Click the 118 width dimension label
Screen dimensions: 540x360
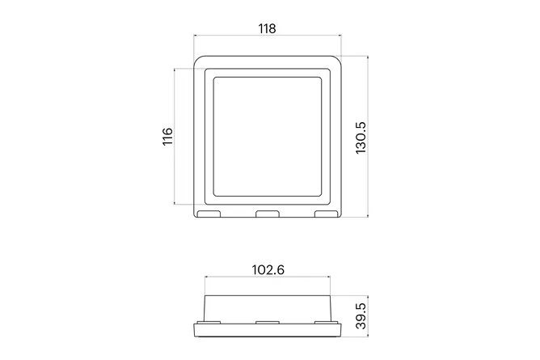coord(268,28)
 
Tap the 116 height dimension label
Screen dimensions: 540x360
coord(167,137)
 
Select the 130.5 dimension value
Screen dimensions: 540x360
coord(361,138)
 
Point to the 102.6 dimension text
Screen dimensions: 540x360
coord(268,269)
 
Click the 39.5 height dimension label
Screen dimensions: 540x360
coord(361,316)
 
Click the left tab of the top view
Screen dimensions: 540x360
coord(209,214)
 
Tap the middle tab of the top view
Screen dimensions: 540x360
coord(268,214)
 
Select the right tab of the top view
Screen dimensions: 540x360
coord(327,214)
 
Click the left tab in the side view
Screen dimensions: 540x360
coord(209,323)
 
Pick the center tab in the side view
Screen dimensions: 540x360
coord(268,323)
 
